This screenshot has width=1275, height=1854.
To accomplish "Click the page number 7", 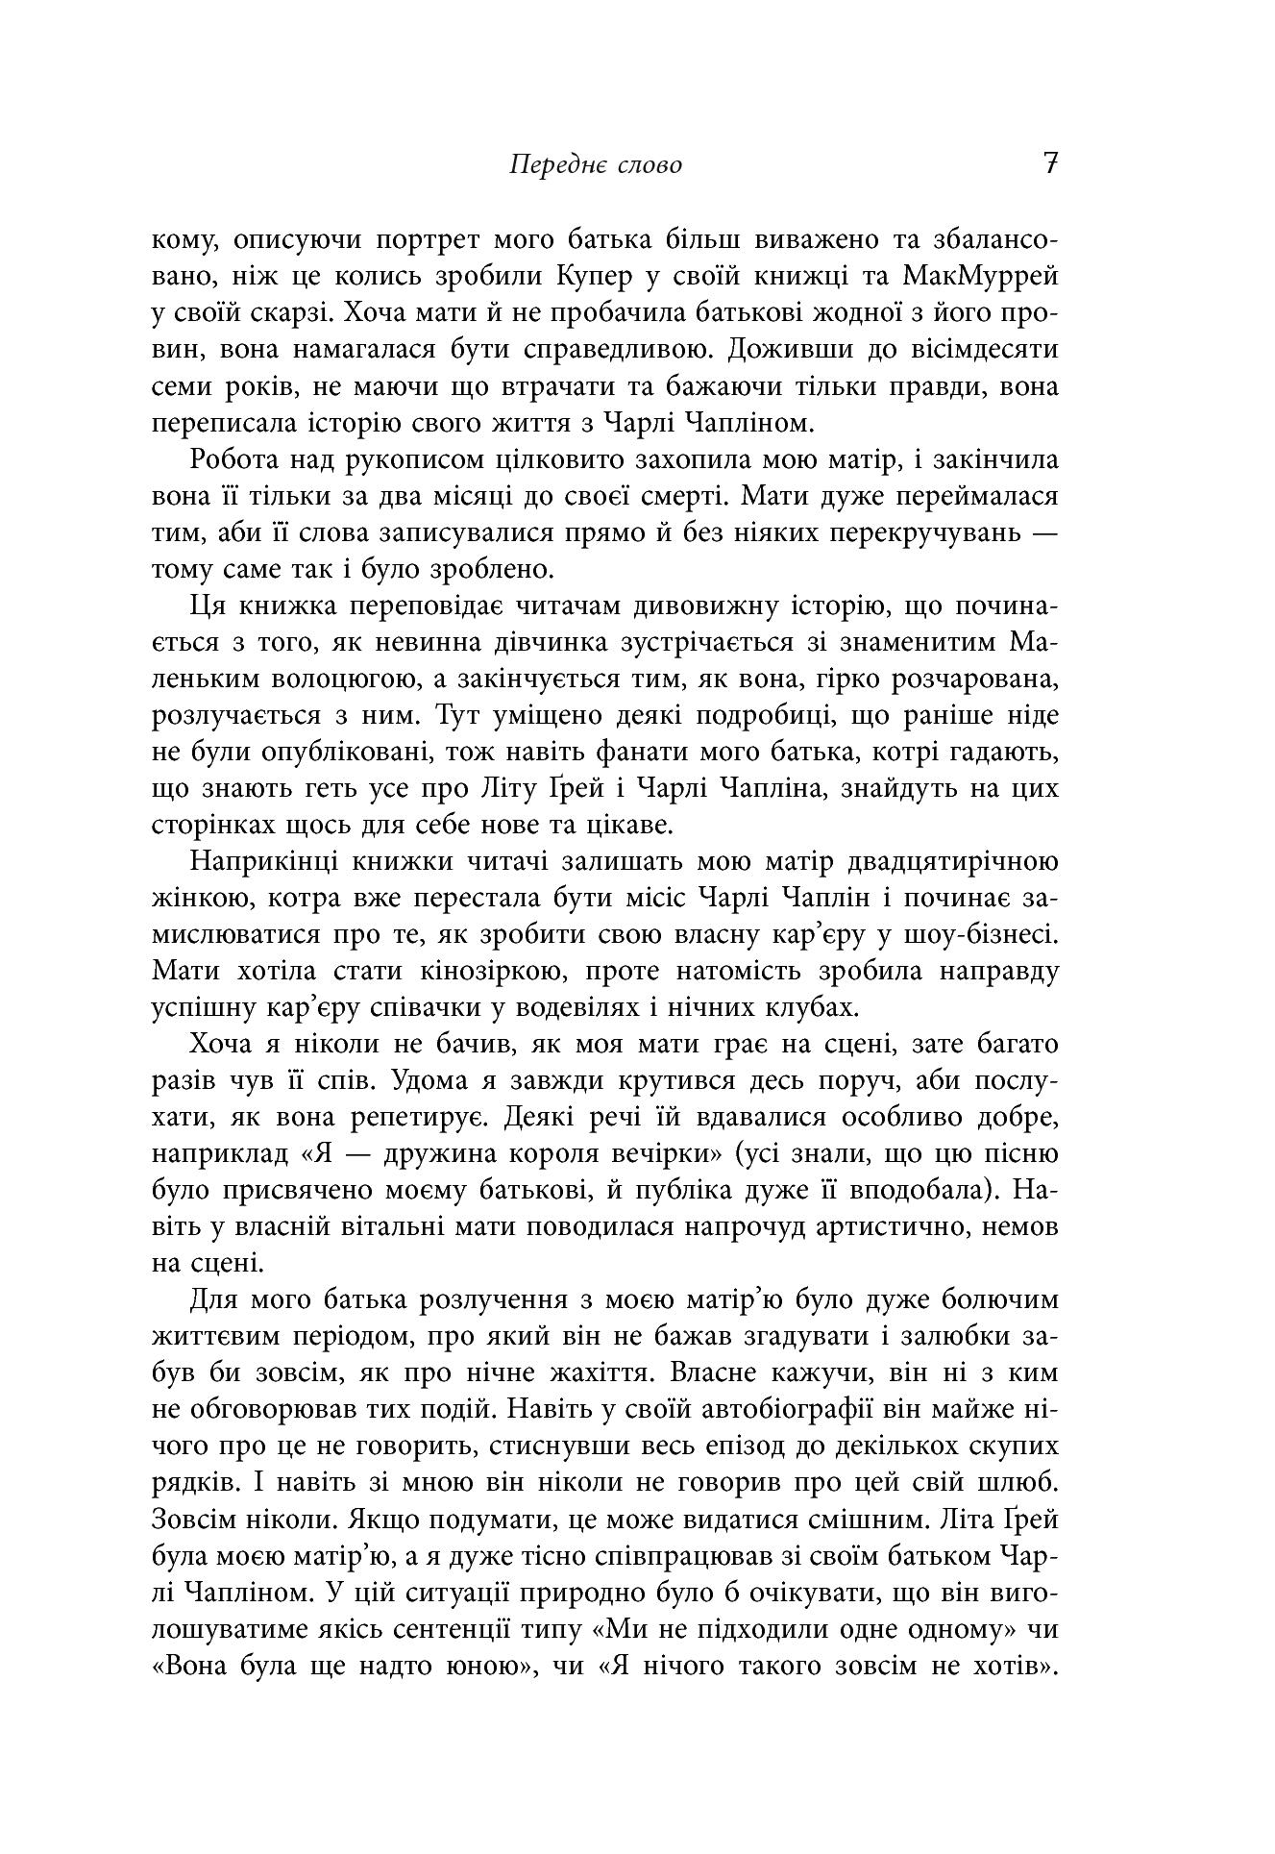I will click(1049, 163).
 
